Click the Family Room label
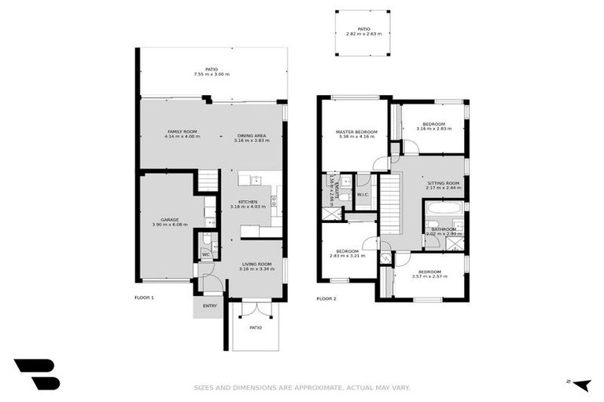(x=182, y=133)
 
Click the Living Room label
(x=256, y=266)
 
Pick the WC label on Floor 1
(x=205, y=254)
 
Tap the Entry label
(x=209, y=305)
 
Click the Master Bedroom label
(x=352, y=133)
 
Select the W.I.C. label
(x=363, y=195)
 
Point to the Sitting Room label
(x=443, y=185)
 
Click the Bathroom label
(x=444, y=231)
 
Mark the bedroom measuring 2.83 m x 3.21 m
(x=347, y=253)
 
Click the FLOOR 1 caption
(x=144, y=298)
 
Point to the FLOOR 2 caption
(x=326, y=298)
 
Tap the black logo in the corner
(x=36, y=374)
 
